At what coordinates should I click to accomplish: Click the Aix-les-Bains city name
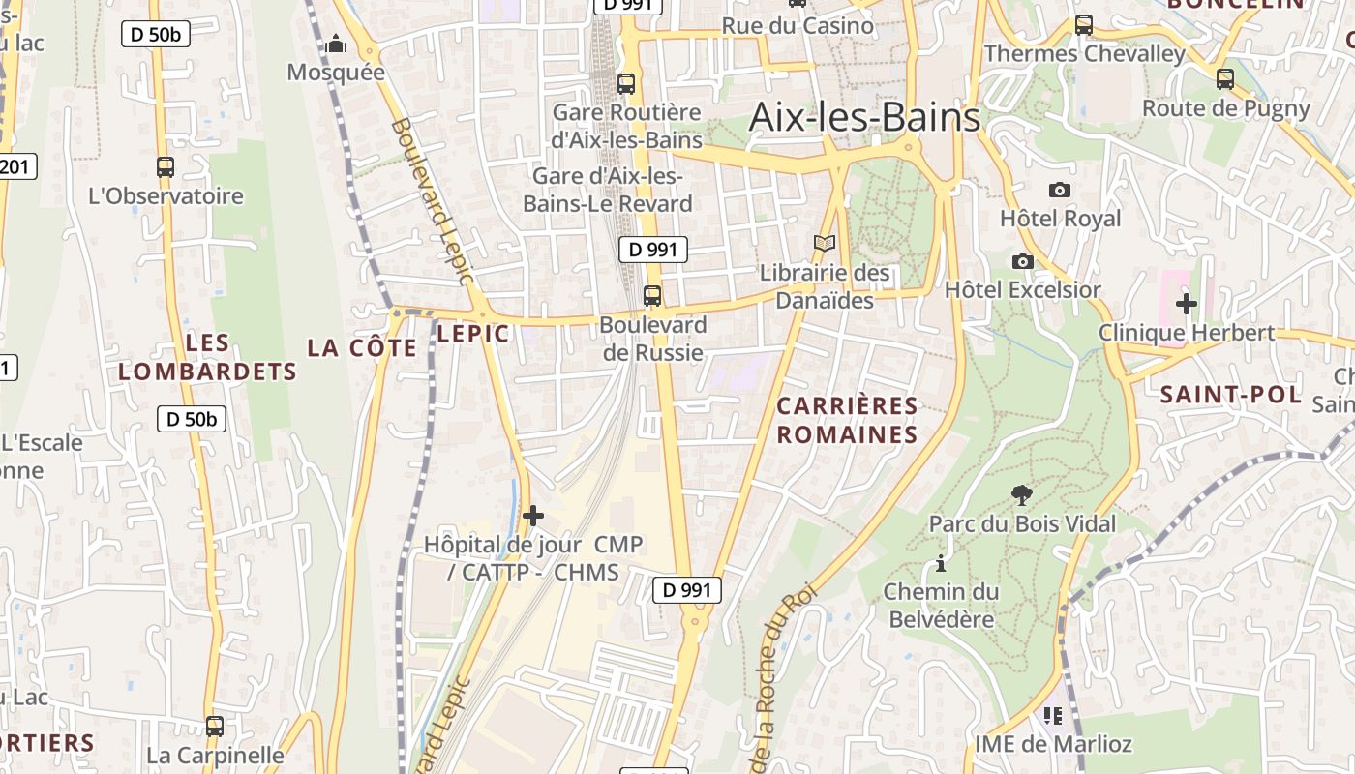865,118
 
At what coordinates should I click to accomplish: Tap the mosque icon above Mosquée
336,44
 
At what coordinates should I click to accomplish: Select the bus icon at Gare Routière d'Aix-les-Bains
626,84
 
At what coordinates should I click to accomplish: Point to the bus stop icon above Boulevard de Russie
652,296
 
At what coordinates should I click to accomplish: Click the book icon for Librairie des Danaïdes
825,244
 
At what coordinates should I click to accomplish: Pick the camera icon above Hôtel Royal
1060,190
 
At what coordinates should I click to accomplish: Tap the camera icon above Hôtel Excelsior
1022,261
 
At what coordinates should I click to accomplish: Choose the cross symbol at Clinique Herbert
1186,304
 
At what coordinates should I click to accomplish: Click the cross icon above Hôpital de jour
532,516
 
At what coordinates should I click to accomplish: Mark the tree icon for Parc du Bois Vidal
1021,495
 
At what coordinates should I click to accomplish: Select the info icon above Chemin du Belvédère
940,563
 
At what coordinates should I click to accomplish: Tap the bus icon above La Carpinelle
215,726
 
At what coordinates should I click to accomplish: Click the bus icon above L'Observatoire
166,167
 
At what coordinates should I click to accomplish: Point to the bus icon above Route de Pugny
1225,79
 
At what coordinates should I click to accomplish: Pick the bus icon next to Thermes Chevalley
1084,25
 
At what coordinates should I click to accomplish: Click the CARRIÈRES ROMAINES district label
847,420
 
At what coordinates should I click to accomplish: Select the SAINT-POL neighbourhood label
1231,394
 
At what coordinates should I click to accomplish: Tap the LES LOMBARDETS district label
207,357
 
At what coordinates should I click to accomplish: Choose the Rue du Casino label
798,25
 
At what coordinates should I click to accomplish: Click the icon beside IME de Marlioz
1053,716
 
